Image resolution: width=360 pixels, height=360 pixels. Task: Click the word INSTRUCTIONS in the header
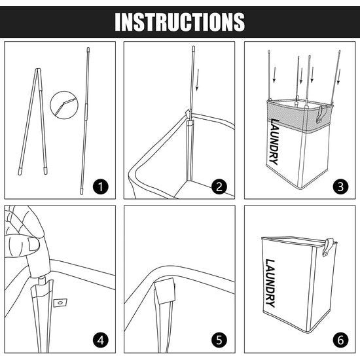coord(180,22)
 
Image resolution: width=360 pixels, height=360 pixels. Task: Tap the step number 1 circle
coord(100,187)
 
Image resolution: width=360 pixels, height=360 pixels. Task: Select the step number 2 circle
coord(219,187)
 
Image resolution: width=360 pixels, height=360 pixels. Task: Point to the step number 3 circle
coord(340,187)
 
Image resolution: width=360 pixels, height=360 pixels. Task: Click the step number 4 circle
coord(100,340)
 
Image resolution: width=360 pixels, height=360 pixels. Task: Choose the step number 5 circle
coord(219,340)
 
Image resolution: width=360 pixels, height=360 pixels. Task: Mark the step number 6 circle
coord(340,340)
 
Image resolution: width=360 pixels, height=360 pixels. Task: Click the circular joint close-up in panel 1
coord(64,105)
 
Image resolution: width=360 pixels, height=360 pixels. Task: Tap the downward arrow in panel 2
coord(197,80)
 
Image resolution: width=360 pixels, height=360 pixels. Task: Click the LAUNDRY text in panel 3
coord(274,141)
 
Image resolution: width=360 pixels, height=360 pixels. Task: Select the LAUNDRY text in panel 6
coord(270,283)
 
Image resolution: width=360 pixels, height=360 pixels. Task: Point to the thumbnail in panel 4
coord(33,243)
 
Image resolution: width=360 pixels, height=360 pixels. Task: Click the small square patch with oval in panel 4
coord(60,303)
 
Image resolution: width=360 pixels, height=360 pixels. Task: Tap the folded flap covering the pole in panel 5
coord(165,291)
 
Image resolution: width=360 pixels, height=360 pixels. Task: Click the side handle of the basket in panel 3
coord(320,114)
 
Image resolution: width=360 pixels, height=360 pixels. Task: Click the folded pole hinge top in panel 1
coord(38,69)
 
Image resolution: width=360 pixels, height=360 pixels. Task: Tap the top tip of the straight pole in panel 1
coord(88,48)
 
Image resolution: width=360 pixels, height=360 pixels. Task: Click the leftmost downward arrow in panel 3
coord(274,75)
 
